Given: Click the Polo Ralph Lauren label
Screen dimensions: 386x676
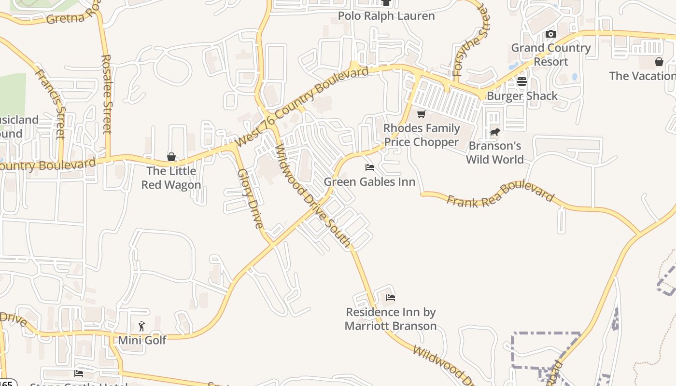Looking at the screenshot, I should (386, 16).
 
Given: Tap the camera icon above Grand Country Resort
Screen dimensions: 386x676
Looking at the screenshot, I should (550, 34).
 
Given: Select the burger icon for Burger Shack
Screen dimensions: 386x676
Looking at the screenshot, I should (521, 81).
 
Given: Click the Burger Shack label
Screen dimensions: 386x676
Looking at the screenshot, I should (522, 96).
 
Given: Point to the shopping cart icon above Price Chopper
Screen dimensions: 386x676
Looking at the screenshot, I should (421, 114).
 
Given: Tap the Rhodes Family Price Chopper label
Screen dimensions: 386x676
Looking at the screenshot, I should (422, 135).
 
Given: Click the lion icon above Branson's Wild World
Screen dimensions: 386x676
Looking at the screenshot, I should (494, 132).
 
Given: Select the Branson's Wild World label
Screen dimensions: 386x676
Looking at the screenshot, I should (495, 152).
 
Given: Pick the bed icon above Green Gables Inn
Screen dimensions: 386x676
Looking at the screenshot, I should (370, 167).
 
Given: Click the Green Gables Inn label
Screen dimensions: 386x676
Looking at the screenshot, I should (370, 182).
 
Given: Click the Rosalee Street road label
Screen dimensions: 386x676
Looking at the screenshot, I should (107, 94).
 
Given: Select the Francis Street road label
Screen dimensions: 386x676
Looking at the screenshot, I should (50, 104).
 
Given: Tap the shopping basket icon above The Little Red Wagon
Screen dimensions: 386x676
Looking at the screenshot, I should (171, 157).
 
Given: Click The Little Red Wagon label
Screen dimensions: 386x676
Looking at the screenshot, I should (171, 178).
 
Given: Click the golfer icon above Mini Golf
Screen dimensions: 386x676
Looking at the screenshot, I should (141, 326).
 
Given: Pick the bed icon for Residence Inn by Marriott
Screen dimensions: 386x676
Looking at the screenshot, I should (391, 297).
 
